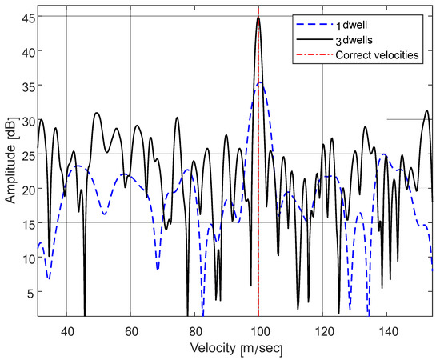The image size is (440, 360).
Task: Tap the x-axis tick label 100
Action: click(258, 330)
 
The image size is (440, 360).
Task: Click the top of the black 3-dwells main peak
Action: click(258, 18)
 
